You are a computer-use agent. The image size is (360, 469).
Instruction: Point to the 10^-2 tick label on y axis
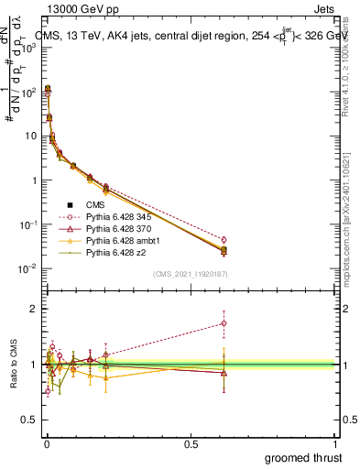26,268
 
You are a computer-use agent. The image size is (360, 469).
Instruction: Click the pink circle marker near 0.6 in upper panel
224,240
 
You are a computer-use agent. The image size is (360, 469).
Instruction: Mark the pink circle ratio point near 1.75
224,322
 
